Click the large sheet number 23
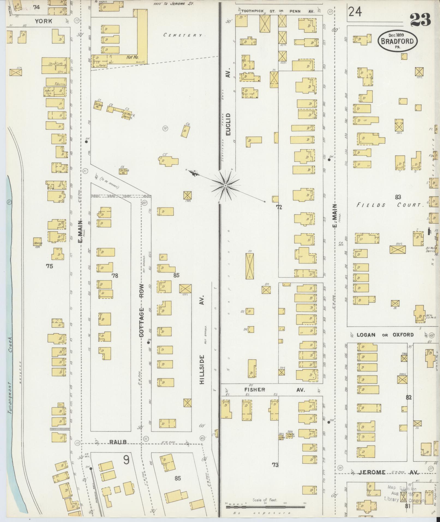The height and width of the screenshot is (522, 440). [x=420, y=20]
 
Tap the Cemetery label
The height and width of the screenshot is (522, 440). [x=183, y=35]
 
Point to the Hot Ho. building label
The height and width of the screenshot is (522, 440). [x=132, y=58]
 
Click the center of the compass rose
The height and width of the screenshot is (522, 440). [x=225, y=186]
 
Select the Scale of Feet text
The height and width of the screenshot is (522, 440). [x=265, y=500]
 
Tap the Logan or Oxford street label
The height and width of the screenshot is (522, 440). [x=385, y=335]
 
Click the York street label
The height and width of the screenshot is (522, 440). [x=43, y=21]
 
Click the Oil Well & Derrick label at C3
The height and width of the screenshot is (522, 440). [x=128, y=115]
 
